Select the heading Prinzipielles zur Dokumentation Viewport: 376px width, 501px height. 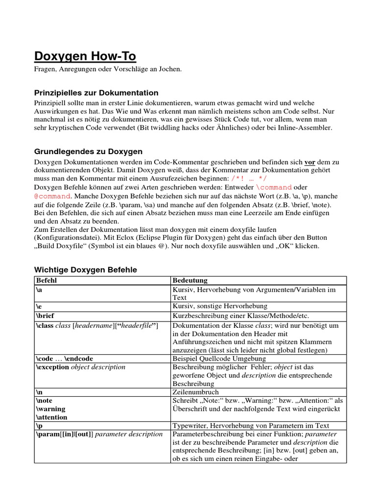[96, 93]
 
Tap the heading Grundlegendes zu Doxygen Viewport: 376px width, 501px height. [88, 152]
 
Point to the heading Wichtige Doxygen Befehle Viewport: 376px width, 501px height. [85, 270]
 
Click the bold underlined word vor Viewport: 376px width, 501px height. [310, 161]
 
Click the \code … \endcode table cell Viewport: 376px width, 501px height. [64, 359]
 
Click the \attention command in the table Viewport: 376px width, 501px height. [51, 417]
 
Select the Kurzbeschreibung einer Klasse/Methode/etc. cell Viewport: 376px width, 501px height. [241, 316]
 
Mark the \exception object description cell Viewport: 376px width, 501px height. [80, 367]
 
